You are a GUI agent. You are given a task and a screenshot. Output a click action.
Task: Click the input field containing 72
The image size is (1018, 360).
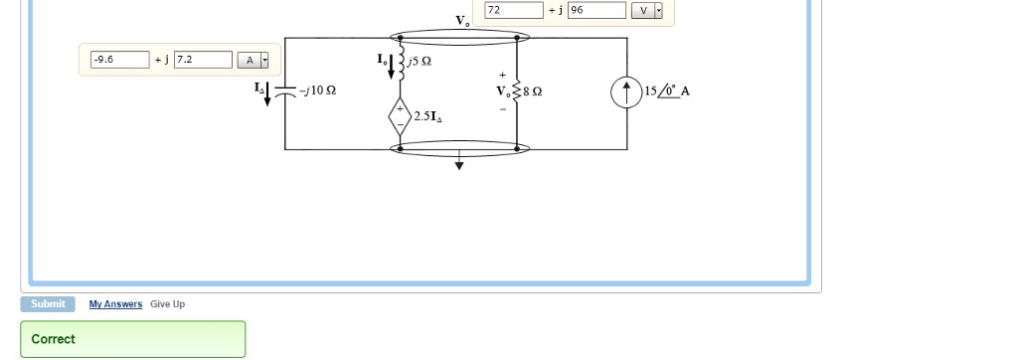point(513,10)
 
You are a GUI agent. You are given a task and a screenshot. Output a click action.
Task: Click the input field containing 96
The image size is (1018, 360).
point(595,10)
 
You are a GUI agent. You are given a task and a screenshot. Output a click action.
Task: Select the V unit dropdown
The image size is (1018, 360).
point(649,10)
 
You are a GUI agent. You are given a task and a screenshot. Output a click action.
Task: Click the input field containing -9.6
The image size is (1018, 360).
point(118,60)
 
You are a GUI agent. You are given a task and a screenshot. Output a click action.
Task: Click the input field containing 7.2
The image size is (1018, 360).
point(203,60)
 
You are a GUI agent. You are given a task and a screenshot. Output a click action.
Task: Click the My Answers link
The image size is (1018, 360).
point(115,304)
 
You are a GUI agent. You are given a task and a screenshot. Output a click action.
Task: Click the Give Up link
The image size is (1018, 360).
point(167,304)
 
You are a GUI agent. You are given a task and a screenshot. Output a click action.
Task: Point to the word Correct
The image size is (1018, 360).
point(53,339)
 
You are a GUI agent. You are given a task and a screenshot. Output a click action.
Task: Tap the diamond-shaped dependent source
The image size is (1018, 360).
point(401,115)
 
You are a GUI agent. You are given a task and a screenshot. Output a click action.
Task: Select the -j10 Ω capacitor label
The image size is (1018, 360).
point(318,91)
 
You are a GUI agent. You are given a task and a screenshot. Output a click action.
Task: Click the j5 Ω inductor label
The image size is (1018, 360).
point(419,62)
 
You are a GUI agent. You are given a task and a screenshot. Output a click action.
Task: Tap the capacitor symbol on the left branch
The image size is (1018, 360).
point(285,90)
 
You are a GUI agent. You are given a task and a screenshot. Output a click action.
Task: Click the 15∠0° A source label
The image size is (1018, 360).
point(667,91)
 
